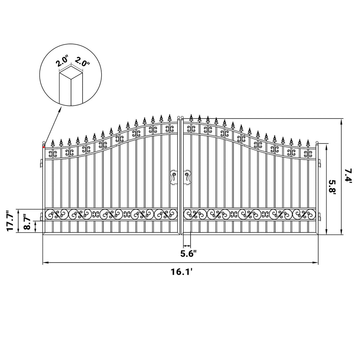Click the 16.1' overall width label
(181, 272)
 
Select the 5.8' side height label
(333, 187)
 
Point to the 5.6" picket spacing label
(188, 254)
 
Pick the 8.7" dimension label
(27, 222)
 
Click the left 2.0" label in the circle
(62, 61)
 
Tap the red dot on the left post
(44, 147)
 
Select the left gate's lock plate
(174, 178)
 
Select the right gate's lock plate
(187, 178)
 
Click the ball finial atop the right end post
(317, 143)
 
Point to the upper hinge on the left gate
(41, 163)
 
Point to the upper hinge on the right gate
(319, 163)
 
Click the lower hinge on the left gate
(41, 217)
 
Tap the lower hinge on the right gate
(319, 217)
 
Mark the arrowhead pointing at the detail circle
(60, 109)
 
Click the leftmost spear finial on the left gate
(53, 143)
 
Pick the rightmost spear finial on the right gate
(308, 143)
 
